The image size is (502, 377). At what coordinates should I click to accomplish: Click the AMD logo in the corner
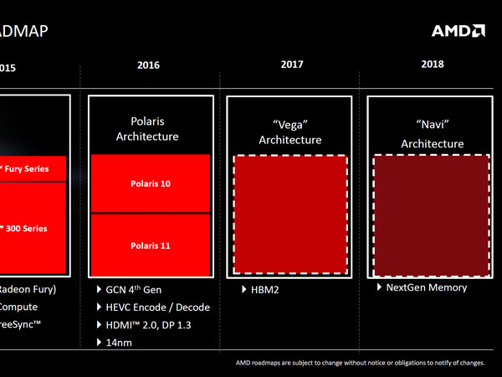[x=458, y=31]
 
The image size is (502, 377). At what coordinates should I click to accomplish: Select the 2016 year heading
[x=147, y=65]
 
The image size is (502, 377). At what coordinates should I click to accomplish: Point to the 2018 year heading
[x=433, y=65]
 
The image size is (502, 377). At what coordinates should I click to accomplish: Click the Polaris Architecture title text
[x=147, y=128]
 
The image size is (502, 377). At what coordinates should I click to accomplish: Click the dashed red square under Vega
[x=289, y=214]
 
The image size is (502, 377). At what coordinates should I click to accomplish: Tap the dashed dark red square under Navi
[x=432, y=214]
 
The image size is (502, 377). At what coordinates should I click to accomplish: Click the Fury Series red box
[x=33, y=169]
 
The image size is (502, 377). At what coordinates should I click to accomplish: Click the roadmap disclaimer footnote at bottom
[x=360, y=364]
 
